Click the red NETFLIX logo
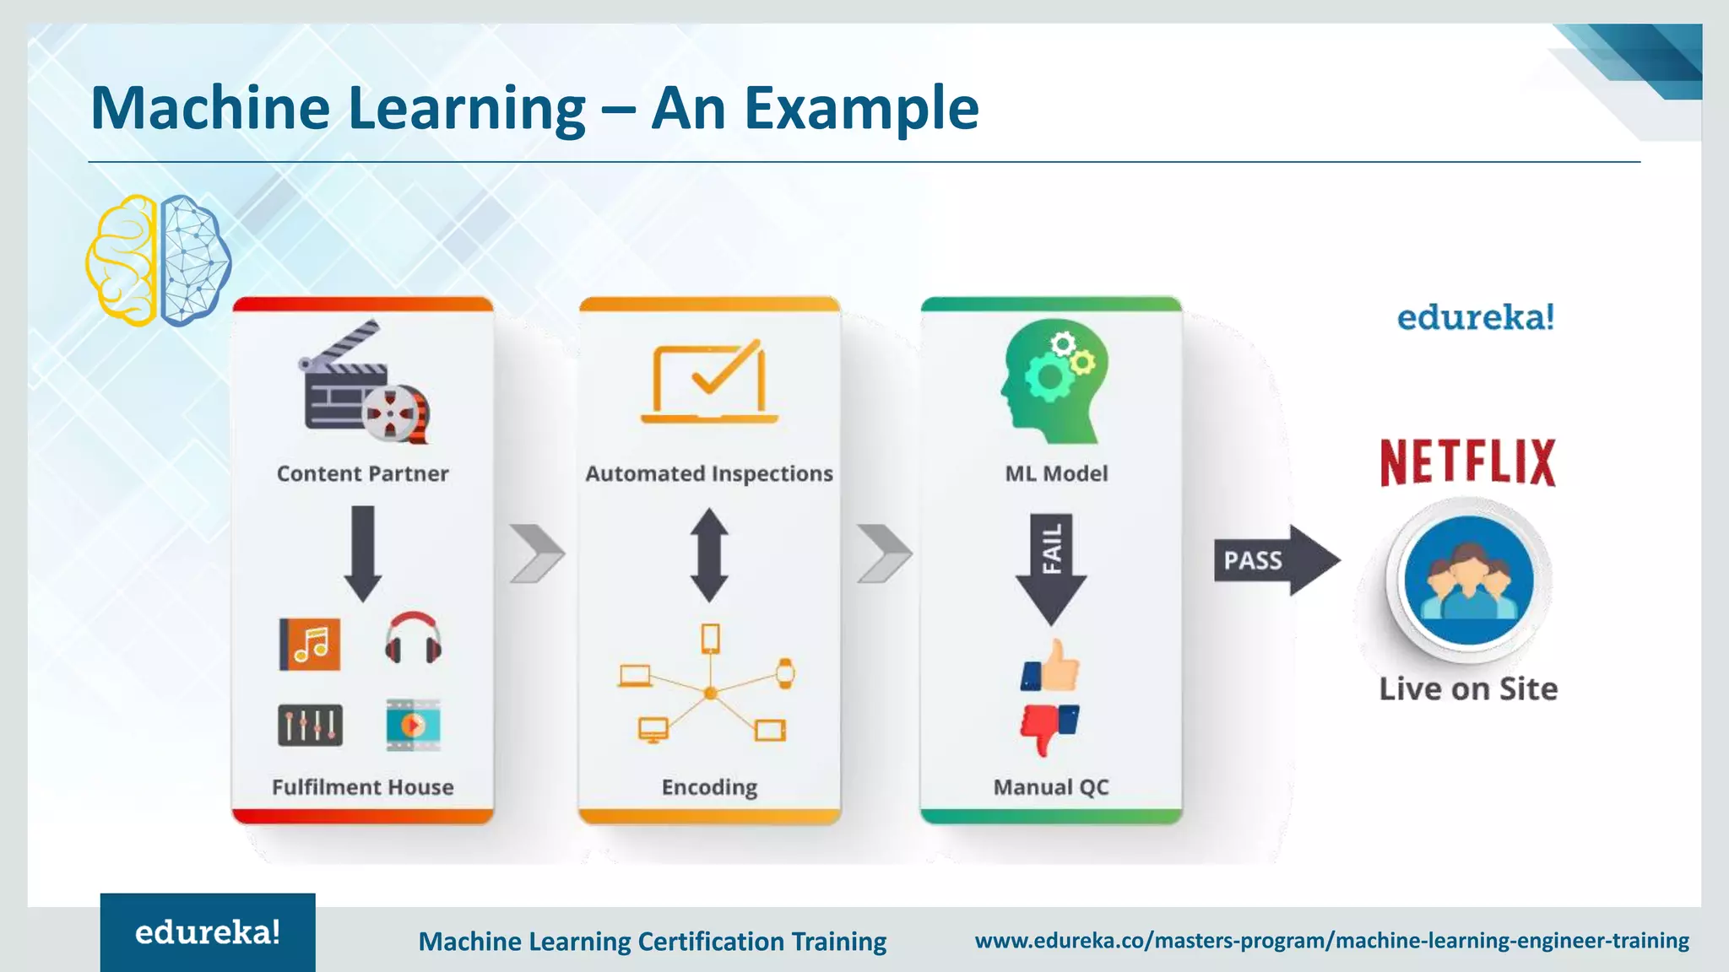tap(1467, 462)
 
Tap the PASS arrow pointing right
tap(1275, 560)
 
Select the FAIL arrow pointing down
tap(1051, 567)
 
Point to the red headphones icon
tap(413, 640)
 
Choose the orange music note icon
tap(310, 645)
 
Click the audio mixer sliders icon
tap(310, 726)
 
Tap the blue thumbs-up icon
tap(1050, 667)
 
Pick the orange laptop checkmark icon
tap(709, 383)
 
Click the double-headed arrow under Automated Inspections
tap(709, 555)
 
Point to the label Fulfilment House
tap(362, 787)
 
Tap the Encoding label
tap(709, 787)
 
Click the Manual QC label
tap(1051, 787)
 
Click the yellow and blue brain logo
tap(158, 261)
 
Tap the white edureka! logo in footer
tap(208, 932)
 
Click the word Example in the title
tap(861, 109)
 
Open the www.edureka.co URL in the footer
tap(1331, 940)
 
